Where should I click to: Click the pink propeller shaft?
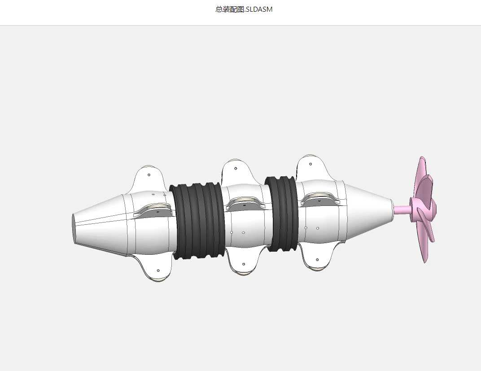click(x=402, y=210)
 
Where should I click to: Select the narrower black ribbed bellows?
click(x=282, y=214)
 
